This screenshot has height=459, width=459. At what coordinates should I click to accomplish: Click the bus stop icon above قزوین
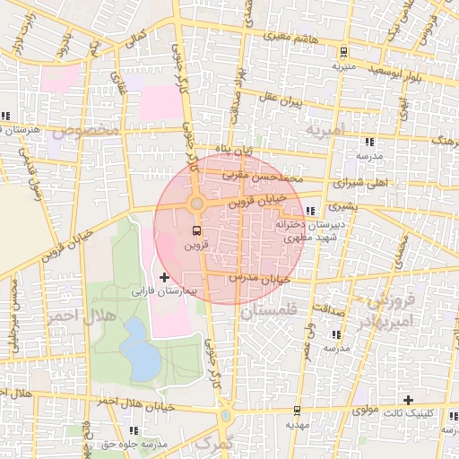click(x=196, y=230)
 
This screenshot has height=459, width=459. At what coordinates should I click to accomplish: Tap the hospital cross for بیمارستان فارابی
click(x=164, y=279)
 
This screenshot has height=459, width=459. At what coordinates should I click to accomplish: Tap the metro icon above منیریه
click(x=345, y=52)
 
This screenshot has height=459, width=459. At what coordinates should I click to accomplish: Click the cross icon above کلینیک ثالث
click(x=409, y=400)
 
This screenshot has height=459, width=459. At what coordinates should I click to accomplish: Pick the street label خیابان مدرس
click(x=260, y=279)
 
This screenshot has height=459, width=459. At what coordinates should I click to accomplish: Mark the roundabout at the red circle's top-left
click(x=197, y=204)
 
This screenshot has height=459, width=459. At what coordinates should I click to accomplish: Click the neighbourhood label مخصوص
click(x=85, y=130)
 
